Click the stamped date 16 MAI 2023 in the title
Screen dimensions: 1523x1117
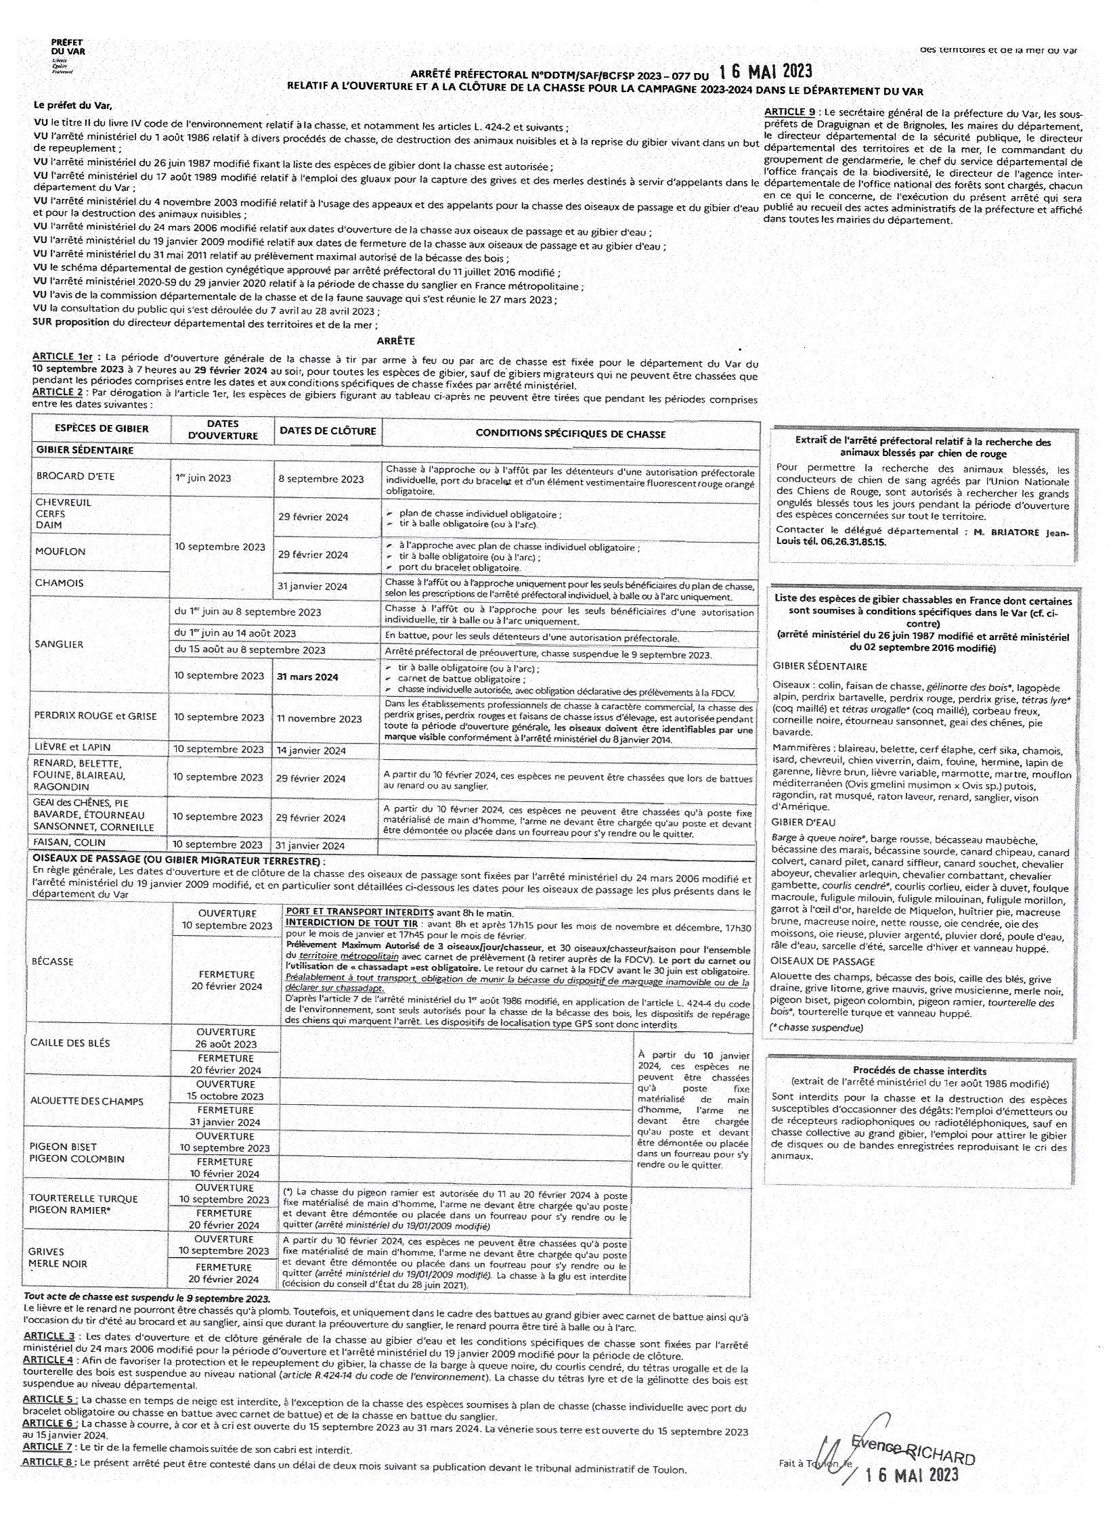(x=765, y=70)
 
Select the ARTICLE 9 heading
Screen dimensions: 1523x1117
(x=789, y=112)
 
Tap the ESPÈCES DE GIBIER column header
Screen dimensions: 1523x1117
(x=102, y=428)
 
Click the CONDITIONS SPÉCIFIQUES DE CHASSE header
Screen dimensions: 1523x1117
(x=570, y=434)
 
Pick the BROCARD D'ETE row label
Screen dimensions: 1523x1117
(x=76, y=476)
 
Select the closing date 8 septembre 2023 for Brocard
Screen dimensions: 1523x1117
(x=321, y=479)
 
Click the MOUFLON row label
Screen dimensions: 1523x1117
(x=60, y=551)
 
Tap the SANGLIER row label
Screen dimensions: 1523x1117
(x=60, y=644)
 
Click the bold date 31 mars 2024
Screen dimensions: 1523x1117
(x=307, y=677)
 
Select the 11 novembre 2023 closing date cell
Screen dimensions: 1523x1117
(x=319, y=719)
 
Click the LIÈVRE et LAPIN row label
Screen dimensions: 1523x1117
(x=72, y=748)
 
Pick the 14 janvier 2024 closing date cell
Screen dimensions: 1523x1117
(x=311, y=750)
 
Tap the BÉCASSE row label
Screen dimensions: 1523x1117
(x=53, y=961)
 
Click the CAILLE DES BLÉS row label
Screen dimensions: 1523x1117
(x=70, y=1043)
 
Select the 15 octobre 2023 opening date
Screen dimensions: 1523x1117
(x=225, y=1096)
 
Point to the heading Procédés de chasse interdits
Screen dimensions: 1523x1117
(x=919, y=1071)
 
